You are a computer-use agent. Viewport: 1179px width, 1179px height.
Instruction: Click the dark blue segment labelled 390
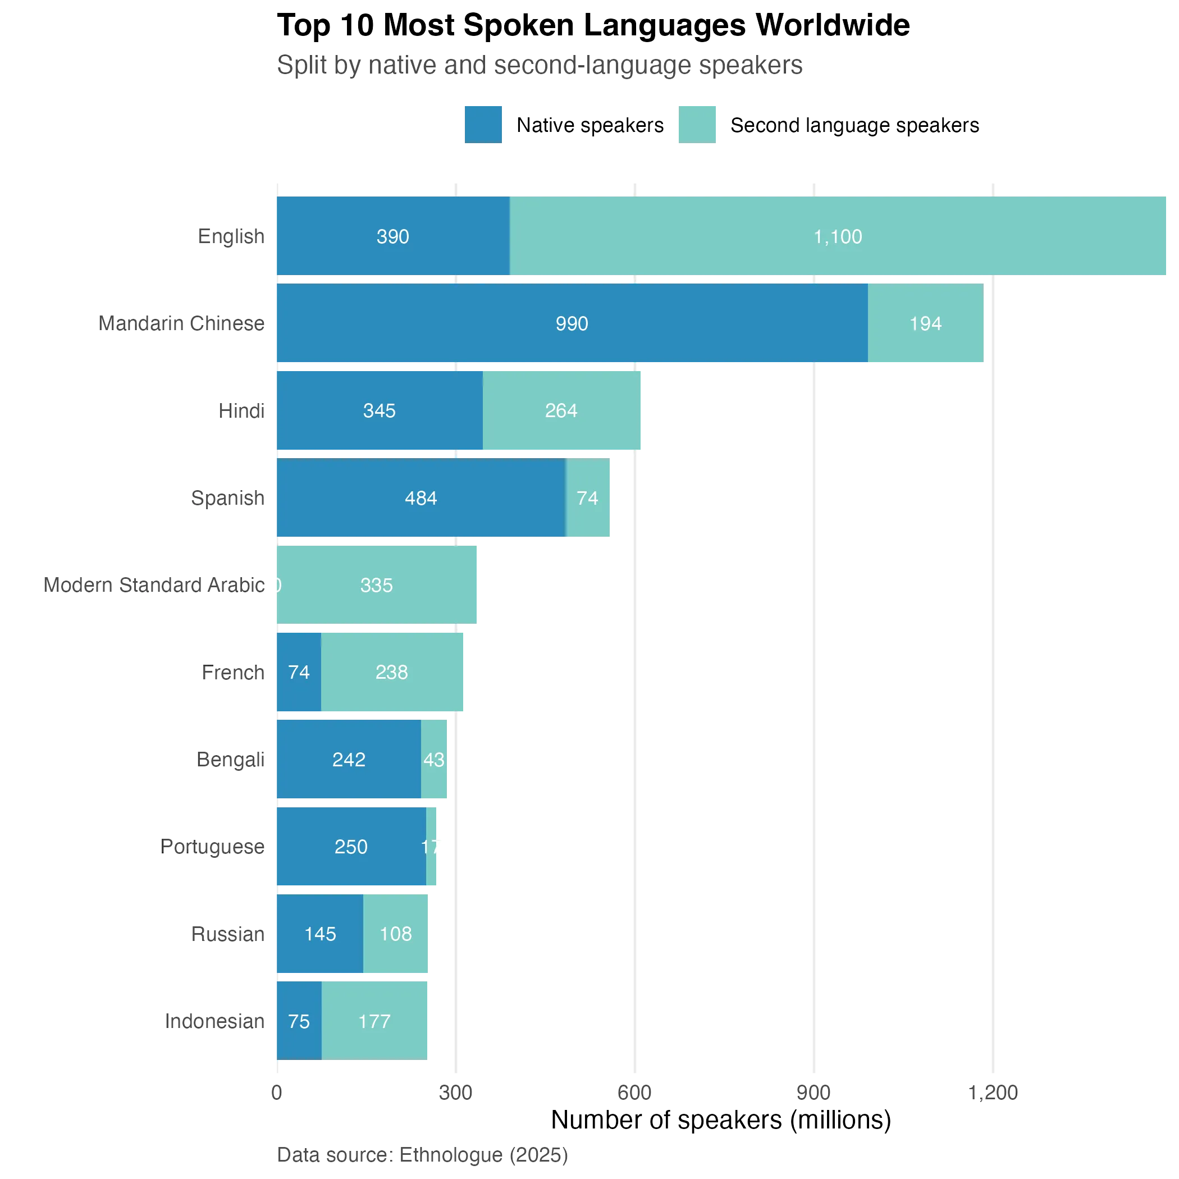[x=392, y=236]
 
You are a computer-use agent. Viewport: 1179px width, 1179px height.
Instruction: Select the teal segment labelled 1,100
[x=838, y=236]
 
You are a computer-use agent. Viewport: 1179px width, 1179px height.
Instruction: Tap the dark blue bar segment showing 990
[x=571, y=323]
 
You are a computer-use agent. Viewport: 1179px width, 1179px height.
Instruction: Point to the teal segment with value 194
[x=925, y=323]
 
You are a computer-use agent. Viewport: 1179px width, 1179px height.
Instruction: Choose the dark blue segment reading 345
[x=379, y=411]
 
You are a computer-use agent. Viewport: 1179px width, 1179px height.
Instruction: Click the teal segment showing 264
[x=561, y=411]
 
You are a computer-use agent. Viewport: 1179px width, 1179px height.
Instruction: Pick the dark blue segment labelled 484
[x=421, y=498]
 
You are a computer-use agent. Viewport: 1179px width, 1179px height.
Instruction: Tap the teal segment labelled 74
[x=588, y=498]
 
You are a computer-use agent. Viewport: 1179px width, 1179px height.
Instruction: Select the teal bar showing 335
[x=377, y=584]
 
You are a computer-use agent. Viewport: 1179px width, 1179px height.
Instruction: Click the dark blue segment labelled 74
[x=299, y=672]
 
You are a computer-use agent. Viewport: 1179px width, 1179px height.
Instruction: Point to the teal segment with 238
[x=392, y=672]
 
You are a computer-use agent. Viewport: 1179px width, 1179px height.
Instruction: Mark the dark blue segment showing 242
[x=349, y=759]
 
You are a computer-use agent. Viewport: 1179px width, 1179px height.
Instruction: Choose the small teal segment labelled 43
[x=435, y=759]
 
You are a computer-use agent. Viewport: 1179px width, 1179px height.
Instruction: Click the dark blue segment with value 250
[x=351, y=847]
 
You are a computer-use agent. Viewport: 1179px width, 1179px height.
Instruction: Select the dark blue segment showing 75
[x=299, y=1021]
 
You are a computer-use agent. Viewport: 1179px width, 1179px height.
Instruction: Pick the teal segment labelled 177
[x=375, y=1021]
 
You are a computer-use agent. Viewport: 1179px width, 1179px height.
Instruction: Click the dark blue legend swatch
[x=482, y=124]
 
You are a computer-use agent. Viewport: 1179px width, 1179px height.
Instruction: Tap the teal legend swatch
[x=697, y=124]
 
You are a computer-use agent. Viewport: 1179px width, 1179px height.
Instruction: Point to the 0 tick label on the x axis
[x=276, y=1092]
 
